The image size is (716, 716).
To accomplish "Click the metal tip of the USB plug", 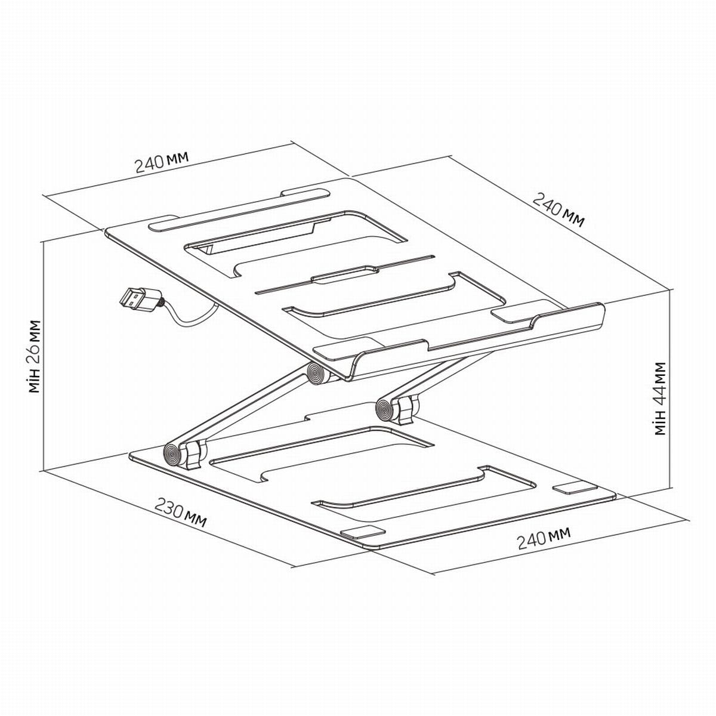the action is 132,298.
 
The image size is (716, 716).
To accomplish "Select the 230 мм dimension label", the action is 180,511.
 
